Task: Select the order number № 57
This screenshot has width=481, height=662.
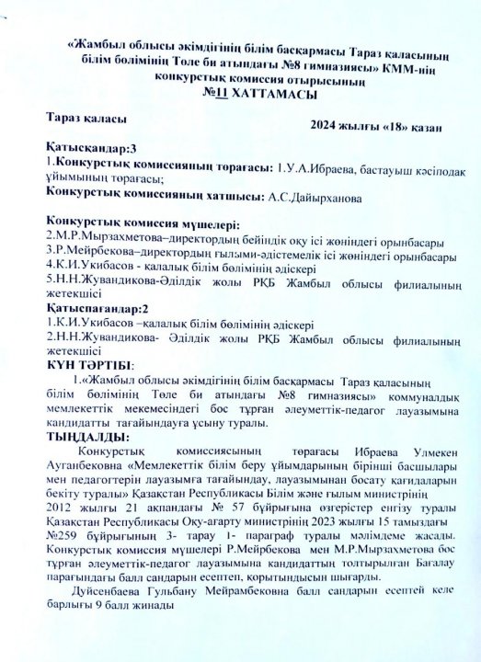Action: click(223, 508)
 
